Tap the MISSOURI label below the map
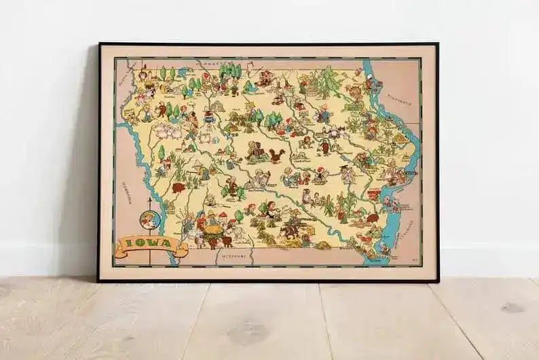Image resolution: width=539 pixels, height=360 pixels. click(235, 257)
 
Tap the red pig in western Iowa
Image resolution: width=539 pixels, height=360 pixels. click(179, 187)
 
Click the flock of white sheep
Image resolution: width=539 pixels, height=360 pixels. click(167, 130)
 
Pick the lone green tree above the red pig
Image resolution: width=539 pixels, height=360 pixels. click(161, 151)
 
